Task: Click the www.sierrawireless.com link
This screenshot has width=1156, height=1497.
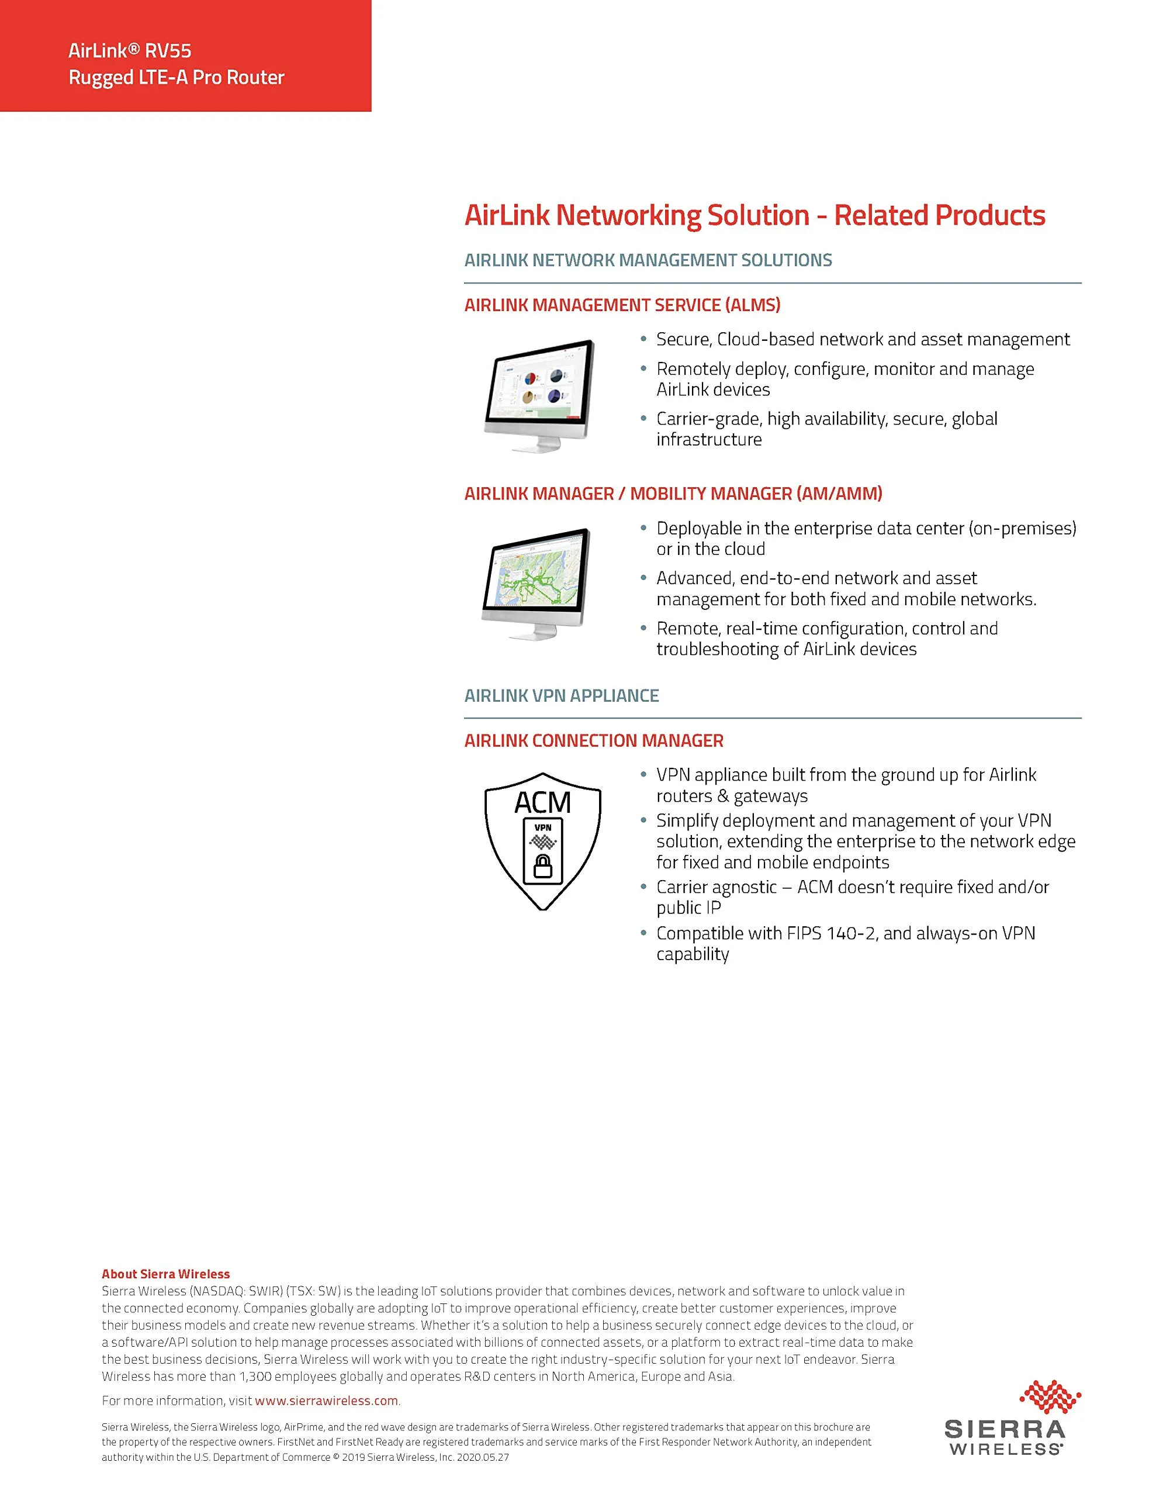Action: point(326,1401)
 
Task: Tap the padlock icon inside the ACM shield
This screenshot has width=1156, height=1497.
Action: point(543,867)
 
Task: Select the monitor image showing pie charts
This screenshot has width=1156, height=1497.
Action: point(539,395)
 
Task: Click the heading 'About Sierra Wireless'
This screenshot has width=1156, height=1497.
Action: point(166,1274)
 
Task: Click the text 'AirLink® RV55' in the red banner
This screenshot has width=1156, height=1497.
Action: point(130,51)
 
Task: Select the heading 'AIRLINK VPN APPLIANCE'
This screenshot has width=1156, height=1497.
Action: point(561,696)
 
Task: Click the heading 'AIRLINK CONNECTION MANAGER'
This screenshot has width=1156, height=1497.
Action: point(593,741)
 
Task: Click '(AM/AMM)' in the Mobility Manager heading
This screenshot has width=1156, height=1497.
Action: point(839,494)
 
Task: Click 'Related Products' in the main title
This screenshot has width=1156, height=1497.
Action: point(939,215)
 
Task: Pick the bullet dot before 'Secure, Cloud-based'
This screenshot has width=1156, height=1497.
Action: point(643,339)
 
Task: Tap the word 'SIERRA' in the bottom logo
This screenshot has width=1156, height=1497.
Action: point(1005,1430)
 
